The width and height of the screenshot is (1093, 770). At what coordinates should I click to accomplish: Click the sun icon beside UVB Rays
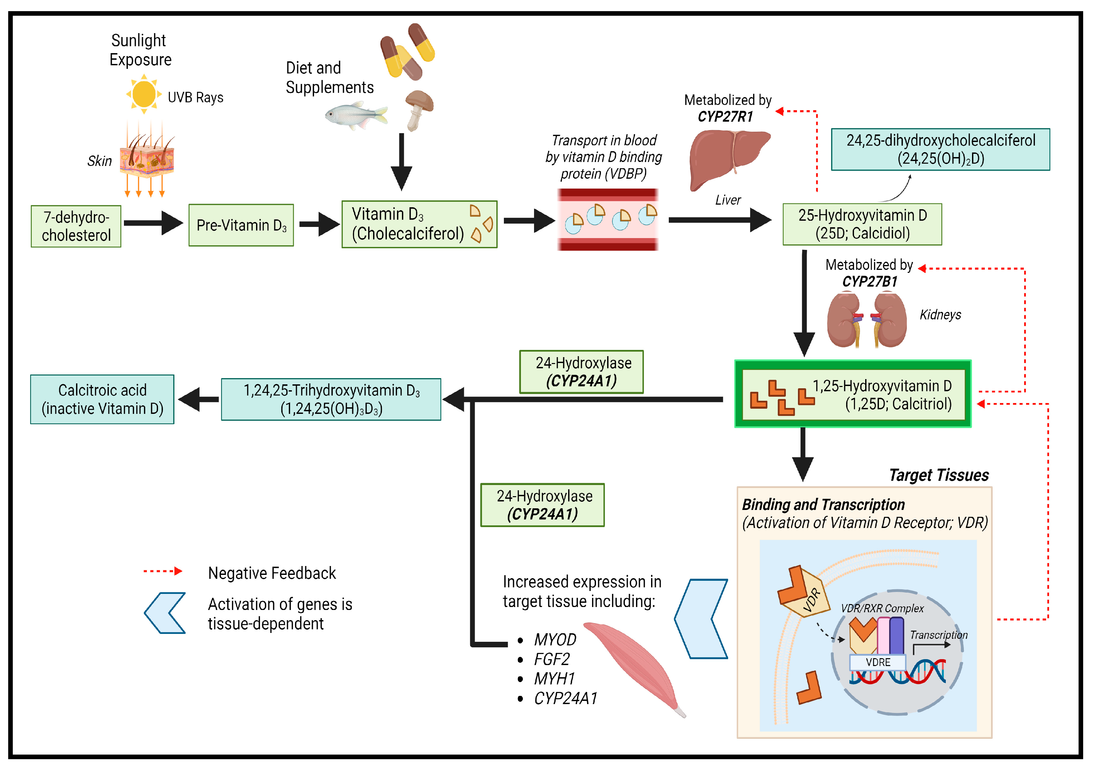point(144,94)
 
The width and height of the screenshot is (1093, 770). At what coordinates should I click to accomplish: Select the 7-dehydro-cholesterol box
point(76,226)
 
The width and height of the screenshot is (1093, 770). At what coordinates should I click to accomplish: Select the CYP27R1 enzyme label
point(725,117)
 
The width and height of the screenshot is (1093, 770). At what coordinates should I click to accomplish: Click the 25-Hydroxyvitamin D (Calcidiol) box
point(862,224)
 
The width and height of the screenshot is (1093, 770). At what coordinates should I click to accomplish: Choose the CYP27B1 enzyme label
point(869,281)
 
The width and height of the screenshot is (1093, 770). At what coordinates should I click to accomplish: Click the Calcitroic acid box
point(102,399)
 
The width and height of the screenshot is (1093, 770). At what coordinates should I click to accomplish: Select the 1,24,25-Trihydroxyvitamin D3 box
point(331,399)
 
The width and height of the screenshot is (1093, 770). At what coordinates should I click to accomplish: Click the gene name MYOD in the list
point(555,639)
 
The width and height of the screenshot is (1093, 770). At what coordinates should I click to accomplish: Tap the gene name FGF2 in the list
point(551,659)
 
